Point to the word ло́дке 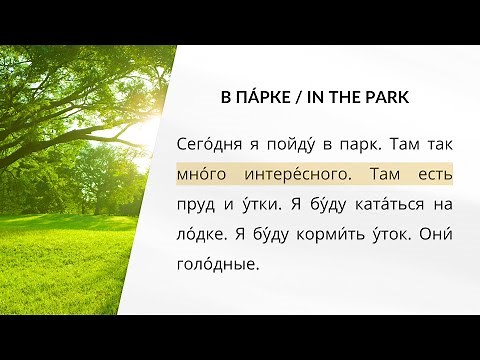pyautogui.click(x=198, y=237)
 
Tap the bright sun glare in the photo pyautogui.click(x=150, y=130)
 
